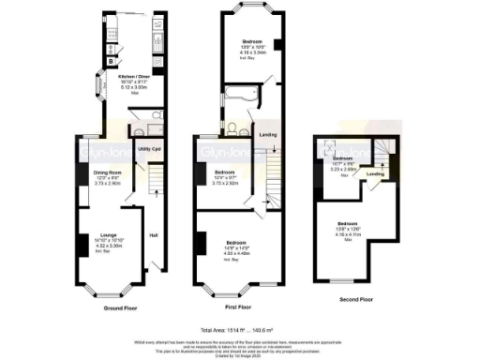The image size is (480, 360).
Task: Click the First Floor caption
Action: point(242,307)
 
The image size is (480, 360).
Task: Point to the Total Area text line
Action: point(240,329)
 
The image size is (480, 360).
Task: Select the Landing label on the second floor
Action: point(375,173)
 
